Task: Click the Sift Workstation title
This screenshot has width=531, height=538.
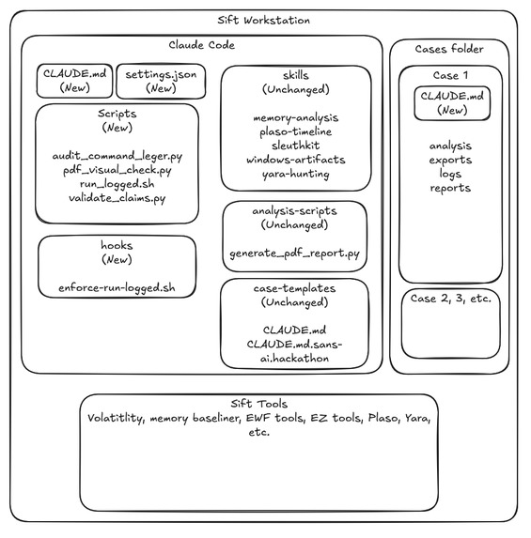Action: click(263, 21)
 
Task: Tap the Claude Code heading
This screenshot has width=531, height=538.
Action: click(202, 45)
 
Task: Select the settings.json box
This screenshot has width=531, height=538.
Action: click(161, 81)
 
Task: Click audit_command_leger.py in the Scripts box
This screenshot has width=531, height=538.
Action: click(117, 157)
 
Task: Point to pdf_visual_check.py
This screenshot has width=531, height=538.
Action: click(117, 170)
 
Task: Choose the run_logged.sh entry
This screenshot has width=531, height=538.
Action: click(117, 184)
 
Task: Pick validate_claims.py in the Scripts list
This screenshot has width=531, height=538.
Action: click(117, 198)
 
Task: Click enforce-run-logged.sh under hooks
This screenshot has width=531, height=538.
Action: click(117, 288)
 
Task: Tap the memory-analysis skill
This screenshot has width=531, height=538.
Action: click(296, 118)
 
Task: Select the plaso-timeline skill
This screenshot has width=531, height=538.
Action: click(296, 131)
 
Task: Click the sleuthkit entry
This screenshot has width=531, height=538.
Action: click(296, 146)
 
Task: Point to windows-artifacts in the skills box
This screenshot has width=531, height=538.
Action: click(296, 160)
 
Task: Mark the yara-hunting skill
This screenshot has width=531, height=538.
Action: click(296, 174)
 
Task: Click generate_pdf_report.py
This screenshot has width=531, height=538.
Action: click(295, 254)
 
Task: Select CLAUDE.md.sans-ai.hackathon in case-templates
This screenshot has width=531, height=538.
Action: click(294, 351)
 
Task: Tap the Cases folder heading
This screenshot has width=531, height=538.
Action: click(449, 49)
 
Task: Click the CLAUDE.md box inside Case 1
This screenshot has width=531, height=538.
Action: click(452, 103)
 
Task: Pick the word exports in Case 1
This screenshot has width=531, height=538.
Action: click(450, 161)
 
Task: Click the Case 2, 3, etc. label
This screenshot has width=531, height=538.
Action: click(451, 299)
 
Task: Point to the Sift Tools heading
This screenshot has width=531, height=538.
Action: click(259, 404)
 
